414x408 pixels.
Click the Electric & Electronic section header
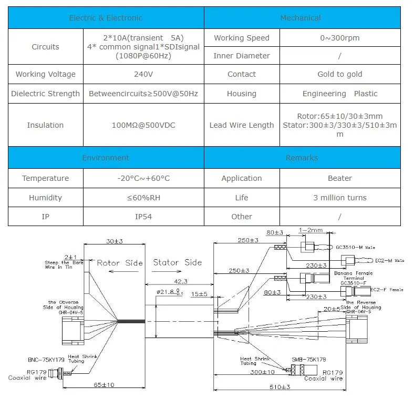click(x=106, y=18)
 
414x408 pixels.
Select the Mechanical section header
click(x=301, y=18)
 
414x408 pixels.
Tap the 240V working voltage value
click(x=143, y=74)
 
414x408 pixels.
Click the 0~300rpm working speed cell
click(x=339, y=38)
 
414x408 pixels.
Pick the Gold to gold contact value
click(x=339, y=74)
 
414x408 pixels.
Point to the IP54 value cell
click(x=143, y=217)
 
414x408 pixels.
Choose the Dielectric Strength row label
click(x=46, y=94)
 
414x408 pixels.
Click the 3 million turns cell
click(x=339, y=198)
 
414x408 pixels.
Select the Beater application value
click(x=339, y=178)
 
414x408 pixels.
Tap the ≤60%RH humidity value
click(x=143, y=198)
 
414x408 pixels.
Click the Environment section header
click(x=106, y=158)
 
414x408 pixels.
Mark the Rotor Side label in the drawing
click(x=120, y=263)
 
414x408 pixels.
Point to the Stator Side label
click(x=177, y=262)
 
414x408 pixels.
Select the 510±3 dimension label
click(x=279, y=387)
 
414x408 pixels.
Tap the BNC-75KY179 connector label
click(x=47, y=360)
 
